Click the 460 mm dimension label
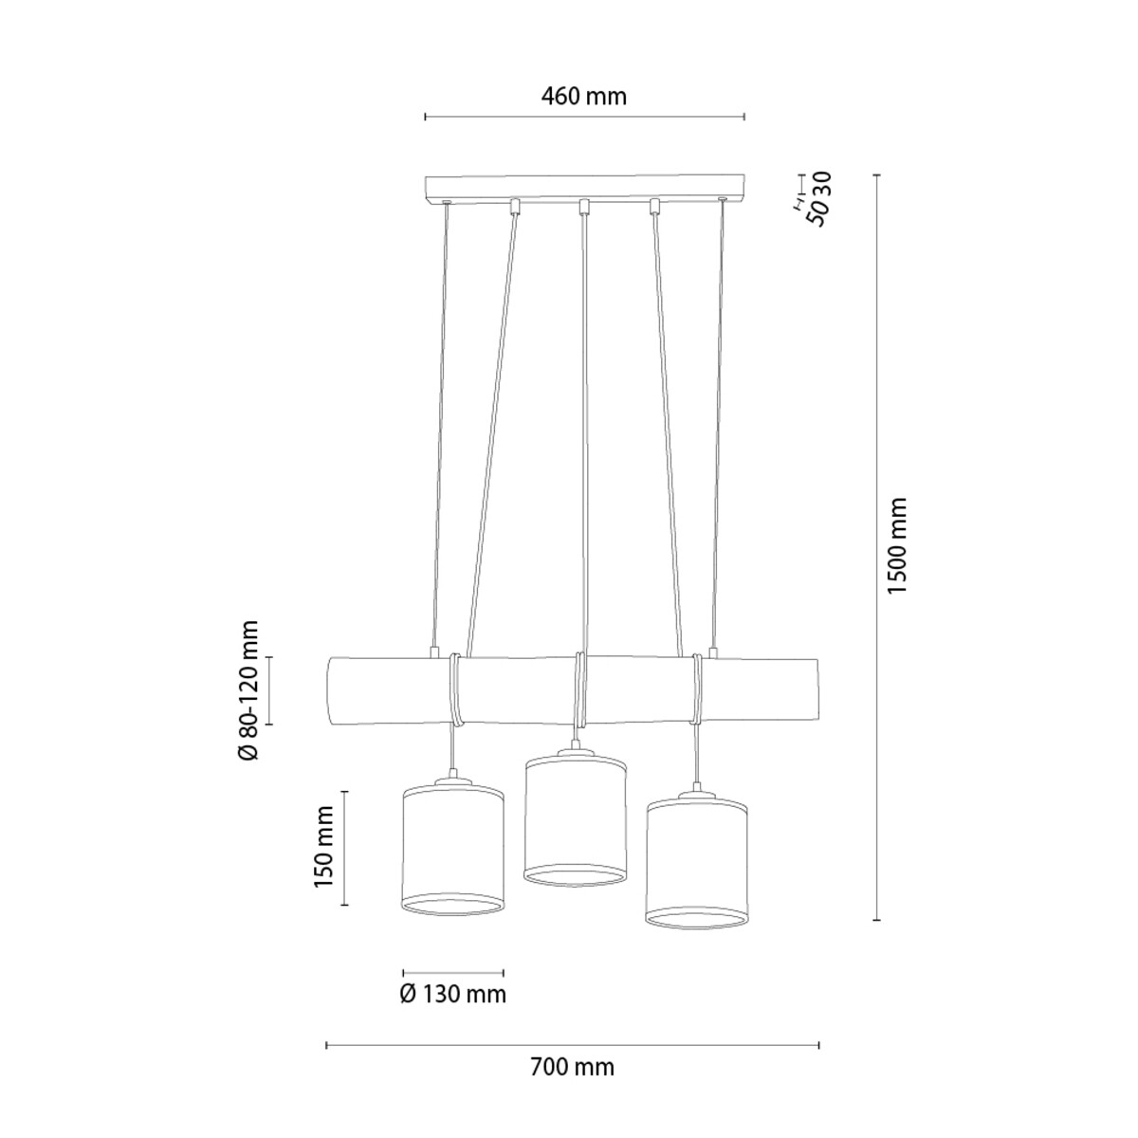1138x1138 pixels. pos(583,96)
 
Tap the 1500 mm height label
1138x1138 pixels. pos(897,546)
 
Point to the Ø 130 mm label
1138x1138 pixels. pos(453,995)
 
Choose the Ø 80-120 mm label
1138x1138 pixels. pos(248,689)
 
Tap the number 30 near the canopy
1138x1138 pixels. pos(822,184)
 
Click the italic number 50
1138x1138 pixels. pos(817,213)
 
